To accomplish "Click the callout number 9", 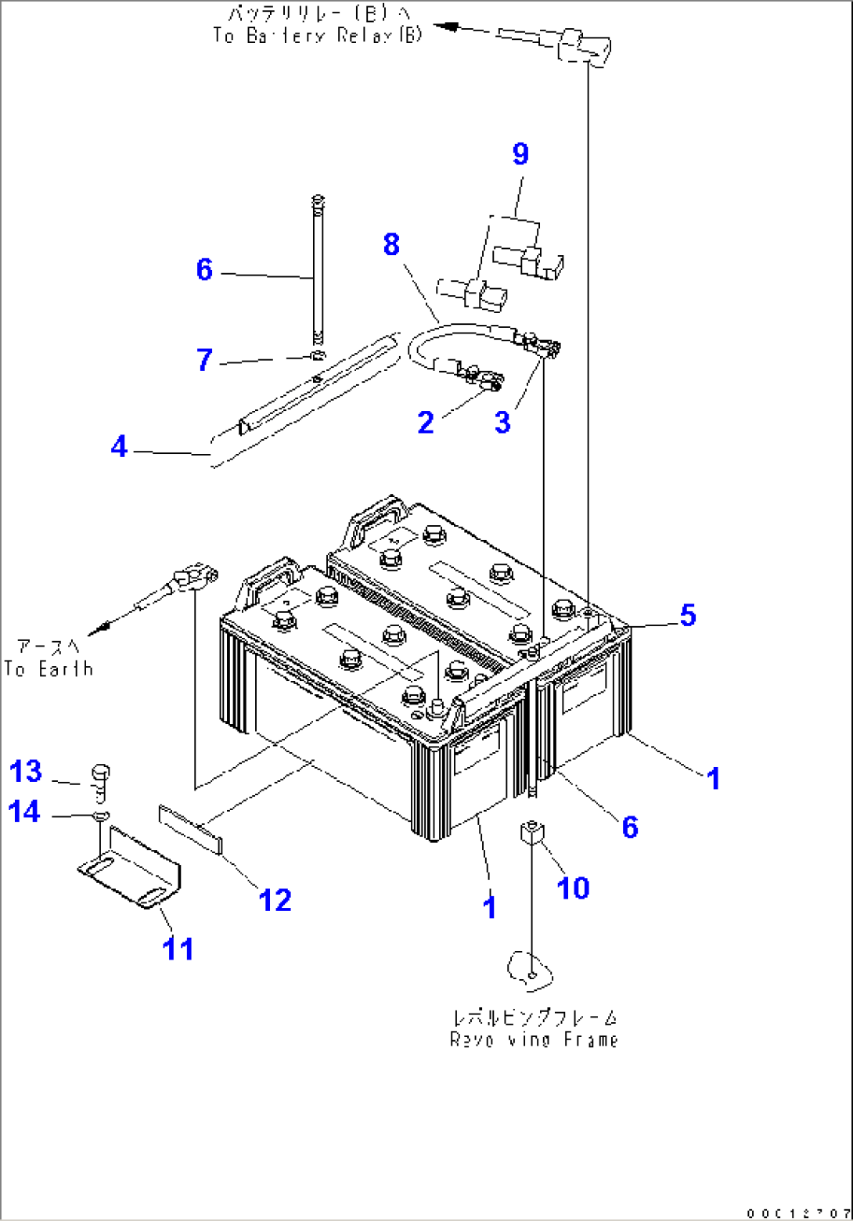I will click(x=520, y=154).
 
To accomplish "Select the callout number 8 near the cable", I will click(x=391, y=244).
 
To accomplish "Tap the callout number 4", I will click(x=119, y=448).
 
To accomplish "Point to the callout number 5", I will click(x=686, y=615).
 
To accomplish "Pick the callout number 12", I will click(x=275, y=899).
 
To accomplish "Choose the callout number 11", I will click(x=178, y=949).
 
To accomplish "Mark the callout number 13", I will click(x=26, y=772).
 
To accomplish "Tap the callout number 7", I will click(x=203, y=361).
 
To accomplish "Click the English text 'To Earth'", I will click(x=49, y=669).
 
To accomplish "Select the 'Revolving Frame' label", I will click(x=534, y=1039).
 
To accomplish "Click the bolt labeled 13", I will click(x=100, y=780).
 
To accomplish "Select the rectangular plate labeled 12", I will click(x=191, y=827).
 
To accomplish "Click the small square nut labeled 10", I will click(x=531, y=833).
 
